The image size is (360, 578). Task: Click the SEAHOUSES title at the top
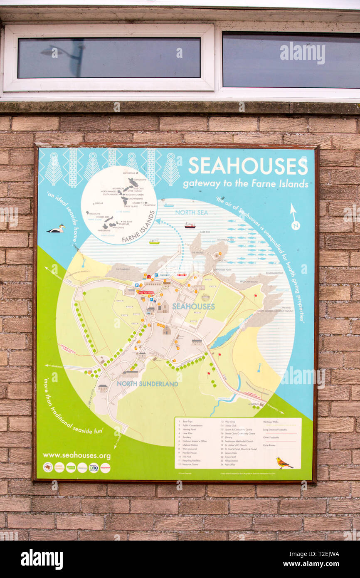click(x=248, y=166)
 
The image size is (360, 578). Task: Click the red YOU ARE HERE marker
click(x=146, y=293)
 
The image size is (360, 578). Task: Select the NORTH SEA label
click(x=191, y=212)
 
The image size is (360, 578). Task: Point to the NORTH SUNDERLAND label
click(x=147, y=384)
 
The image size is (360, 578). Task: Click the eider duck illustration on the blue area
click(x=56, y=229)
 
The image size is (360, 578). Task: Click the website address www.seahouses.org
click(x=76, y=455)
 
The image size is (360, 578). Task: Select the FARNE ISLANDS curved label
click(x=138, y=227)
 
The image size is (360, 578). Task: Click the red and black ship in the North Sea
click(x=190, y=225)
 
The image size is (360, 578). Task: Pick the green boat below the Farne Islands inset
click(x=154, y=242)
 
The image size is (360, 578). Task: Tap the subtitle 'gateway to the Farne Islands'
click(x=245, y=183)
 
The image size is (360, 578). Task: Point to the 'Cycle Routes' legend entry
click(x=271, y=445)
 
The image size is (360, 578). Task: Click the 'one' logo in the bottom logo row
click(x=94, y=467)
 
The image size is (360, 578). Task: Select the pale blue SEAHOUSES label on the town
click(x=193, y=306)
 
